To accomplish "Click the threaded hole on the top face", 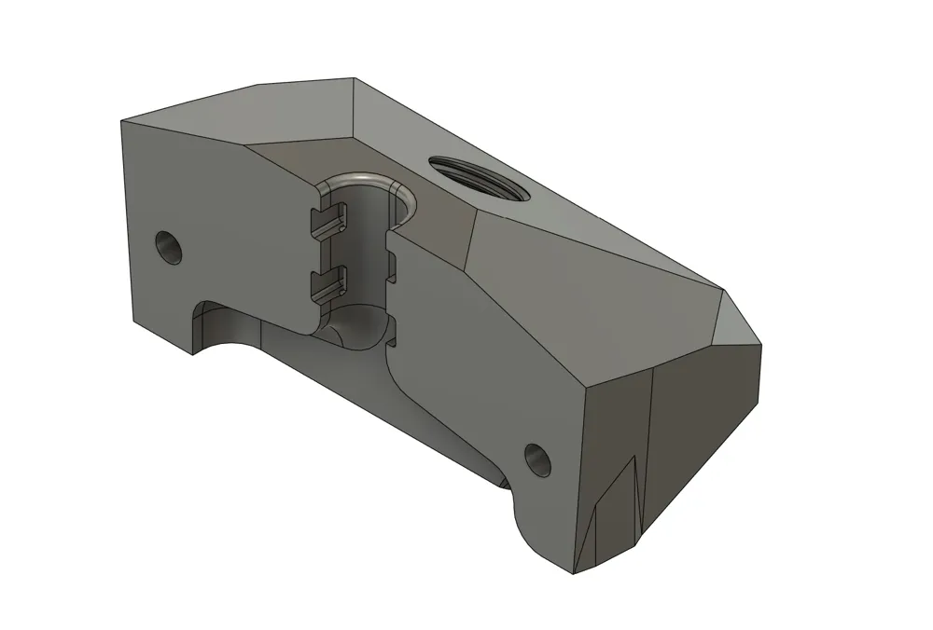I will [480, 179].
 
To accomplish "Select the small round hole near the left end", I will [169, 247].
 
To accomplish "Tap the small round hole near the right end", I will [537, 457].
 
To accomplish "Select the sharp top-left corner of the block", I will [122, 121].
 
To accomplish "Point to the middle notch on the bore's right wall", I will [392, 270].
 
